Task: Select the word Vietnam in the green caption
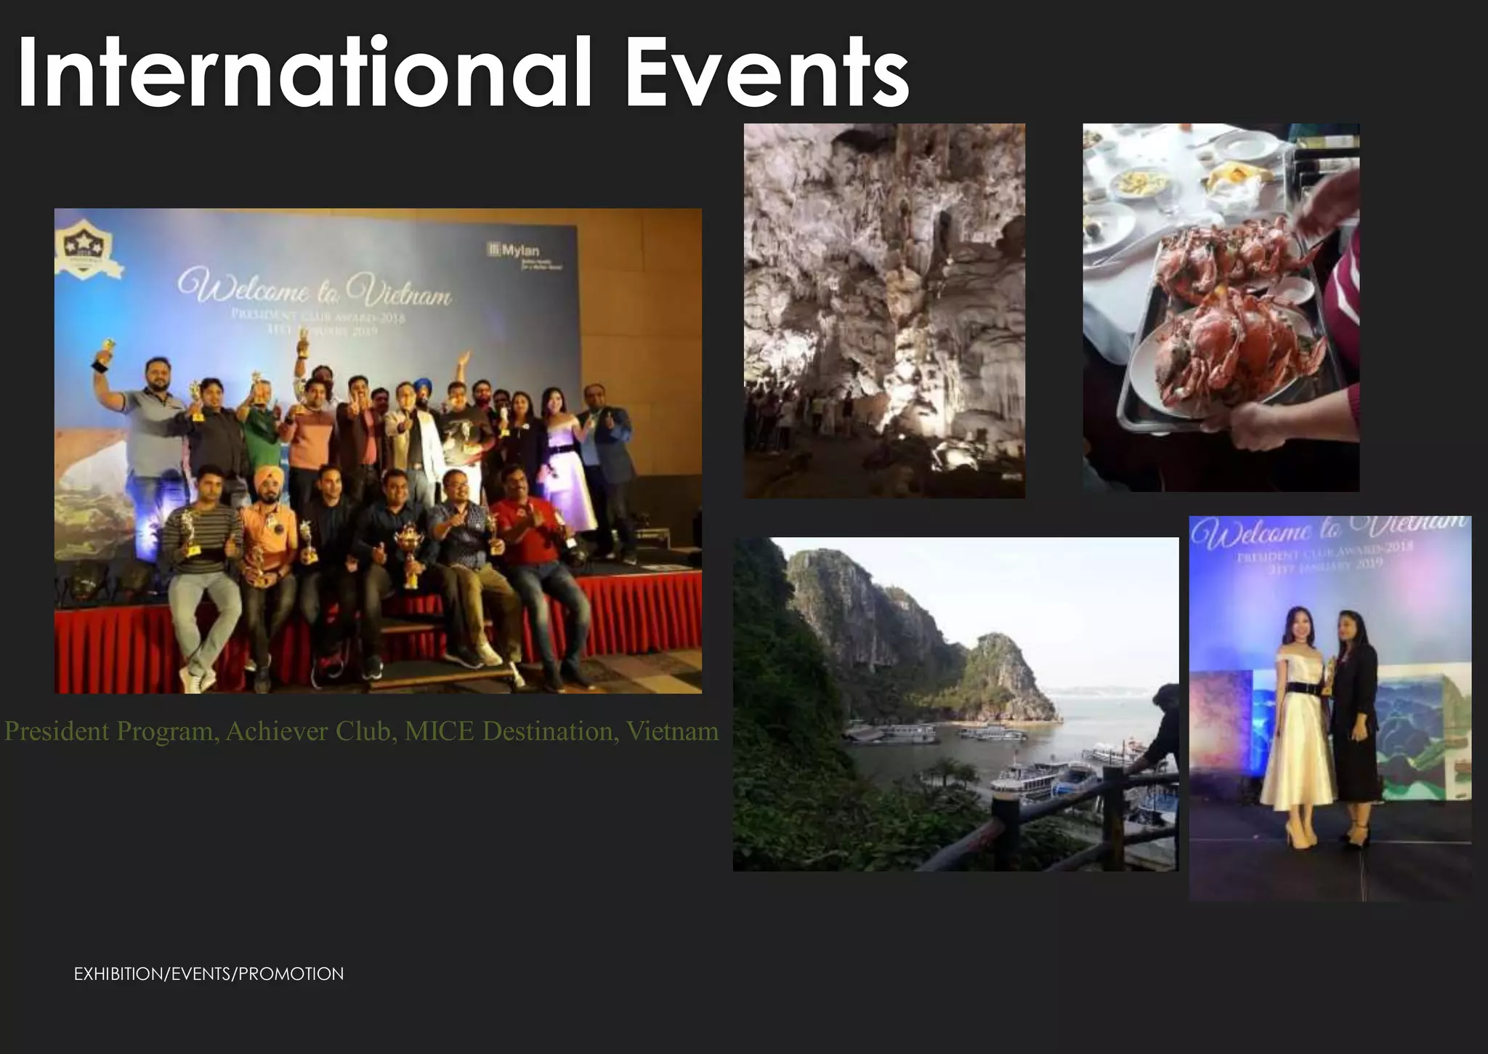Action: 672,731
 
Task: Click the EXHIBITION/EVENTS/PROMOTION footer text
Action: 209,974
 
